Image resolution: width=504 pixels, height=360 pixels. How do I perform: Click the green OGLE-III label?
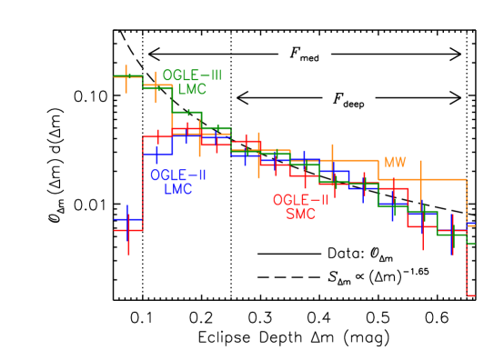(x=192, y=75)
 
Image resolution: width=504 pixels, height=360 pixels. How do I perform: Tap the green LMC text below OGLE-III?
(x=192, y=89)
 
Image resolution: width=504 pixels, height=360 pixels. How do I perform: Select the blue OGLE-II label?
(x=177, y=175)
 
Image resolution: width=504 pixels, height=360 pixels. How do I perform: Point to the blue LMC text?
(x=178, y=189)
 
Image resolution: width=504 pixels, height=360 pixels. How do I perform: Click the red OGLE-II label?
(x=300, y=200)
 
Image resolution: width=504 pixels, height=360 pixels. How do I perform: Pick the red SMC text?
(x=300, y=214)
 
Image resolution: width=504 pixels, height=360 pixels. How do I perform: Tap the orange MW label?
(x=395, y=163)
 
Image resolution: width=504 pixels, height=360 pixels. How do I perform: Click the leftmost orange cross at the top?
(x=126, y=76)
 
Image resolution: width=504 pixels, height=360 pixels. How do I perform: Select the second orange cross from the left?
(x=156, y=86)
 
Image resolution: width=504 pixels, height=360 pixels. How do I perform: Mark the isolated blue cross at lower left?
(x=127, y=219)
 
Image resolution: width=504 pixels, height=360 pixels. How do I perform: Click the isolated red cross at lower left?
(x=128, y=231)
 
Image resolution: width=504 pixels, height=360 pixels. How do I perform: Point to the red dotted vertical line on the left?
(x=143, y=182)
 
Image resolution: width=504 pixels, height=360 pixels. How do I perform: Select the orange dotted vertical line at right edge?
(x=467, y=200)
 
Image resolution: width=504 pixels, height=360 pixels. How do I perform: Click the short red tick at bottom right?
(x=470, y=295)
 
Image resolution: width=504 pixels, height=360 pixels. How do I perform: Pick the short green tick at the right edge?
(x=470, y=244)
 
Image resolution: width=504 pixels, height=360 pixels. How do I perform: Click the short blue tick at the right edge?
(x=470, y=224)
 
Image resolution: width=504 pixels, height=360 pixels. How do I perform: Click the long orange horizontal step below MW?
(x=422, y=179)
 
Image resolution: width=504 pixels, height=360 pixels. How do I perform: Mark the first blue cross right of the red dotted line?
(x=157, y=155)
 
